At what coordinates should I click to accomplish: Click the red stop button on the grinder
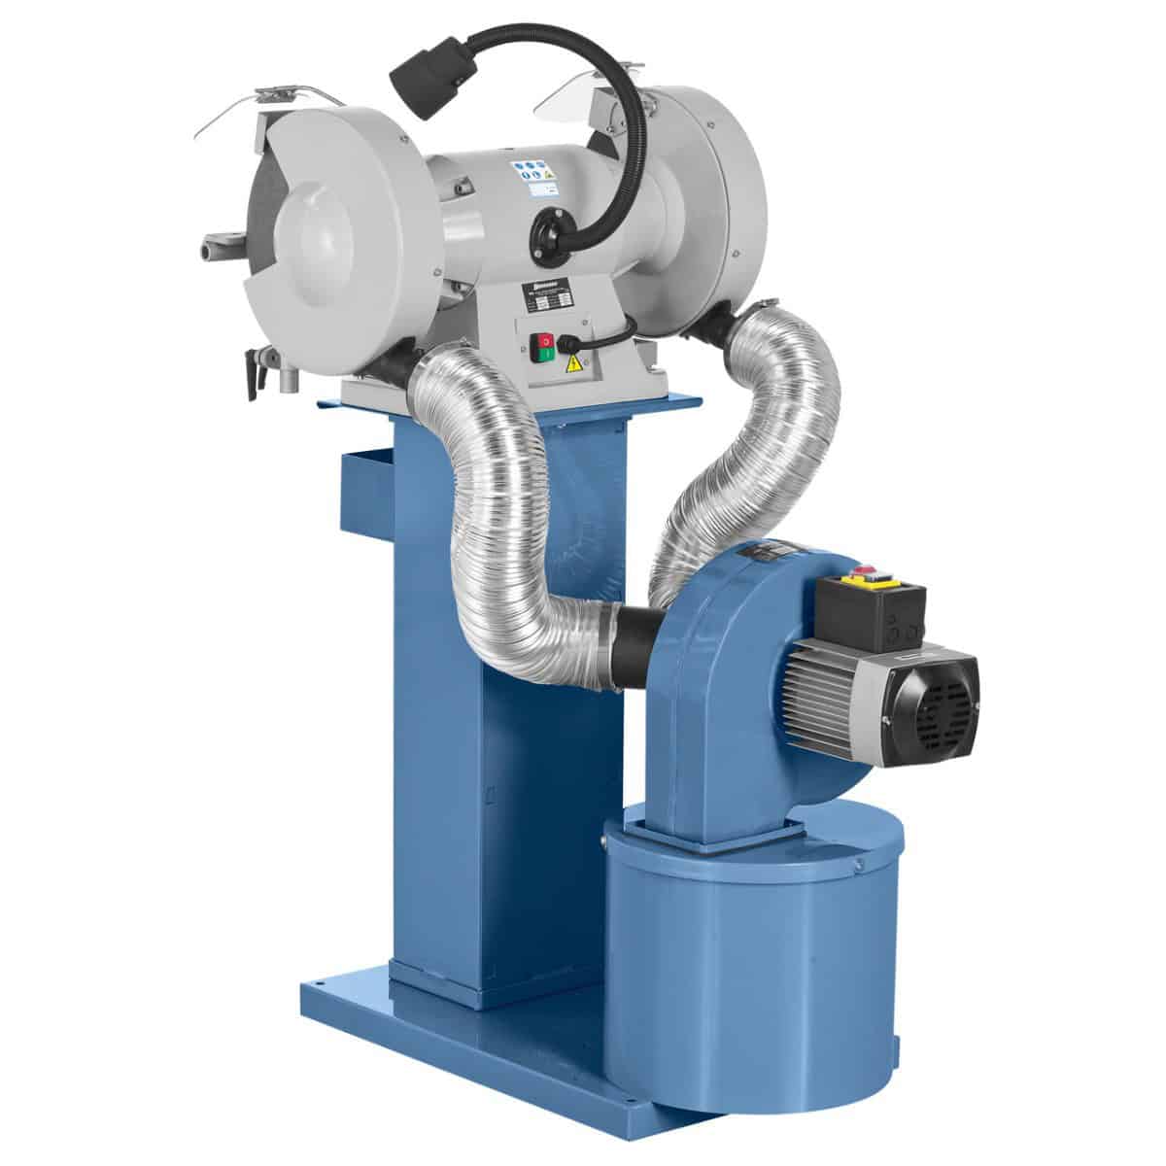coord(545,341)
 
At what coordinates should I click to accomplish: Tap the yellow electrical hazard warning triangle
coord(574,364)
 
